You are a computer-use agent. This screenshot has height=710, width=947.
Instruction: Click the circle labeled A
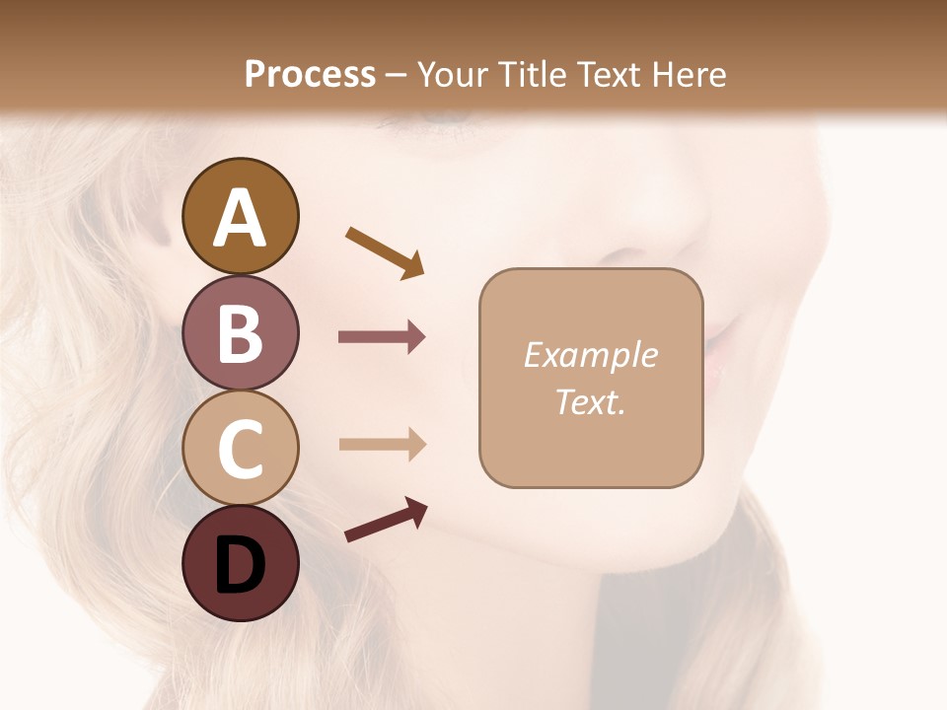(x=240, y=216)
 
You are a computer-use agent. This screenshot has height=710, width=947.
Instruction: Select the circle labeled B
(x=240, y=332)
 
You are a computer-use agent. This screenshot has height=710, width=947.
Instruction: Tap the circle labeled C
(x=240, y=449)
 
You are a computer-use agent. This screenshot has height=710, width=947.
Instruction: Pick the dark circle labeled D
(x=240, y=564)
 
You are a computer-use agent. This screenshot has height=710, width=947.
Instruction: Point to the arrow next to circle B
(x=382, y=337)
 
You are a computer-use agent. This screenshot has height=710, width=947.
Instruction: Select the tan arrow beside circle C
(x=382, y=444)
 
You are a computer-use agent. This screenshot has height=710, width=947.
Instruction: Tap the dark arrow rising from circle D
(x=386, y=521)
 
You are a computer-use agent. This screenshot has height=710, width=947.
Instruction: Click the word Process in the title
(x=310, y=75)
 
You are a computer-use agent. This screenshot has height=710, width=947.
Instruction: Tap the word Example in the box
(x=591, y=355)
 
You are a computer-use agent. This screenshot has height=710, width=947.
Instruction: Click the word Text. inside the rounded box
(x=591, y=402)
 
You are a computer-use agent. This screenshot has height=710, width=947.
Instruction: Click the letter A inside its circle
(x=240, y=218)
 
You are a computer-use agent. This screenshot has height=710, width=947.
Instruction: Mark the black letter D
(x=240, y=566)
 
